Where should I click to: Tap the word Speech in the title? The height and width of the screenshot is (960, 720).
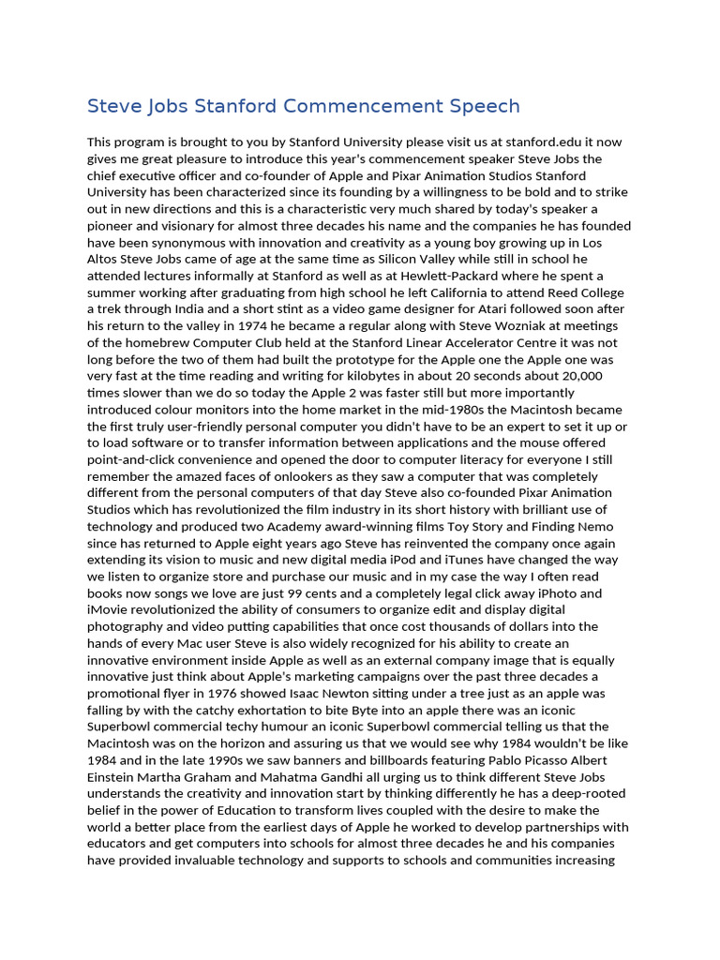[481, 106]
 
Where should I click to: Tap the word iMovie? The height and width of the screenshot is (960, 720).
[110, 608]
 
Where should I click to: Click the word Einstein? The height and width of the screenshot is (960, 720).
[113, 775]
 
